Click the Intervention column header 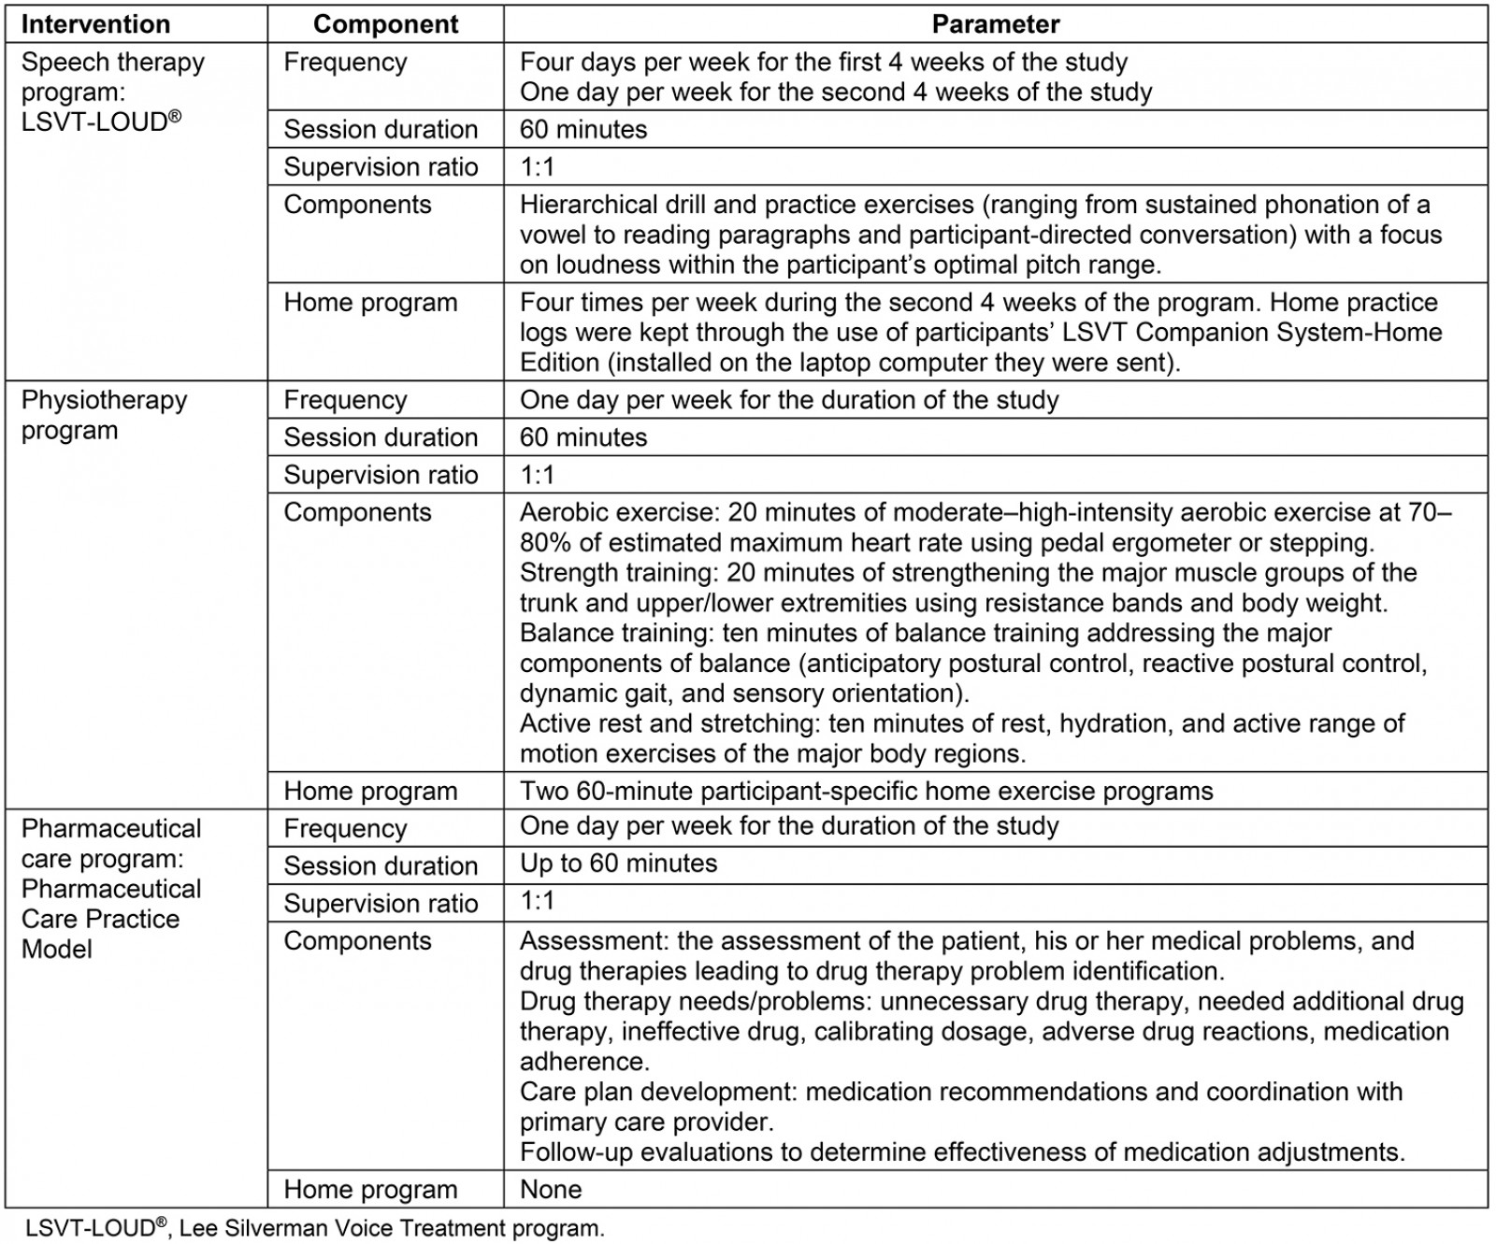click(x=95, y=23)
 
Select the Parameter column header click(x=995, y=23)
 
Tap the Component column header click(x=385, y=23)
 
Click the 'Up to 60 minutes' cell click(x=618, y=864)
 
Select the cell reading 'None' click(x=551, y=1190)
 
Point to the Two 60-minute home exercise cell click(x=866, y=792)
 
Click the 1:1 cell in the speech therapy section click(x=537, y=167)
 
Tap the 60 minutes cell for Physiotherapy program click(x=583, y=437)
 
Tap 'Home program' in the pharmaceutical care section click(x=370, y=1190)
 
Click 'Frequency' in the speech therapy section click(x=345, y=63)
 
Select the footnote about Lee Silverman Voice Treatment click(x=314, y=1228)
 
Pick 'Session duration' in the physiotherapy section click(x=381, y=437)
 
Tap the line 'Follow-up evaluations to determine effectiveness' click(x=961, y=1152)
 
